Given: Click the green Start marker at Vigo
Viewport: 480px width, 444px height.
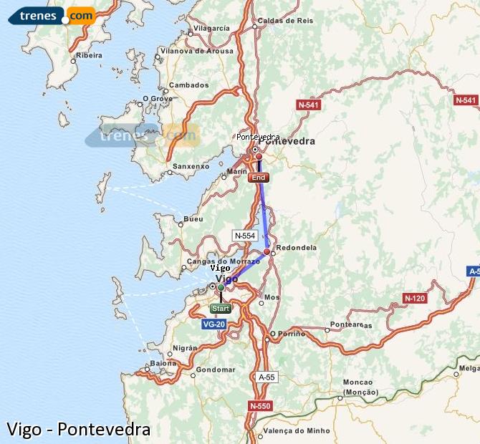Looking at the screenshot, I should (221, 309).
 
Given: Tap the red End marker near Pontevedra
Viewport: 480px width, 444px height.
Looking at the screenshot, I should (259, 177).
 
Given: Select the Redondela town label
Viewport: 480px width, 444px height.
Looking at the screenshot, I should (296, 248).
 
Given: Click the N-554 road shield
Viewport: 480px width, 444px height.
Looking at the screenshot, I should (244, 235).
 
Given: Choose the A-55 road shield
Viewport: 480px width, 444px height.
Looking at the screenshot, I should (266, 377).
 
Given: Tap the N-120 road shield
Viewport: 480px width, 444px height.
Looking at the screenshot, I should (415, 298).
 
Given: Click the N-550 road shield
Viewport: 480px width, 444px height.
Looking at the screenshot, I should (260, 405).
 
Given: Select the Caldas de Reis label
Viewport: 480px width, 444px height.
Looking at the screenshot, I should (284, 21).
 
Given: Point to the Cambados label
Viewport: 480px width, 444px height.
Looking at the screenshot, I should (188, 85).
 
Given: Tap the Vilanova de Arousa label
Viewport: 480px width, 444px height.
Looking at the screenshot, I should (197, 51).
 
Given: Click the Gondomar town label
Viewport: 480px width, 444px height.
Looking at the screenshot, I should (216, 370).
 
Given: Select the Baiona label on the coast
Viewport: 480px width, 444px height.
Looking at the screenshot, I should (163, 363).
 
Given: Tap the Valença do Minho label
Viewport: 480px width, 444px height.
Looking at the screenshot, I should (297, 430).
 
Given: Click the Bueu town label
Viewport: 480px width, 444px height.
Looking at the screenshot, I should (193, 219).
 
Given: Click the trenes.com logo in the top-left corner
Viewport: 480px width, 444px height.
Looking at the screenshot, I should (52, 15).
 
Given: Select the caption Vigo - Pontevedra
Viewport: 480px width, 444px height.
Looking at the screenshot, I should (78, 429).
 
